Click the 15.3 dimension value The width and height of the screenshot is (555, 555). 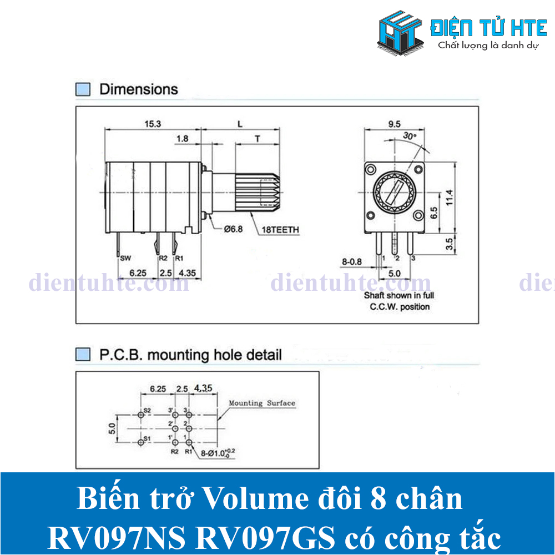click(x=153, y=124)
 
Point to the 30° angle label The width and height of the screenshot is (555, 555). click(x=410, y=136)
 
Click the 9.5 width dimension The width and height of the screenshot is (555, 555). click(x=394, y=124)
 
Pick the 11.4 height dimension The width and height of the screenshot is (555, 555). click(x=451, y=196)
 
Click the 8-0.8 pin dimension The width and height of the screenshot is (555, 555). click(x=351, y=261)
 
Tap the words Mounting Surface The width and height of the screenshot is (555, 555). click(x=262, y=403)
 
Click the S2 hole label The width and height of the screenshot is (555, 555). click(x=147, y=411)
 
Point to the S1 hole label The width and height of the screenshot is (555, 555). click(x=147, y=438)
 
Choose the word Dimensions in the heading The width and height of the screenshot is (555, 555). click(x=139, y=89)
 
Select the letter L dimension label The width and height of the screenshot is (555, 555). click(x=240, y=124)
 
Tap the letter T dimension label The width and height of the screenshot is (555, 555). click(x=258, y=139)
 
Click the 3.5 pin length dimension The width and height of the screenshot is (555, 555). click(x=451, y=242)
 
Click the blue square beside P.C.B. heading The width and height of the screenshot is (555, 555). click(x=82, y=354)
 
